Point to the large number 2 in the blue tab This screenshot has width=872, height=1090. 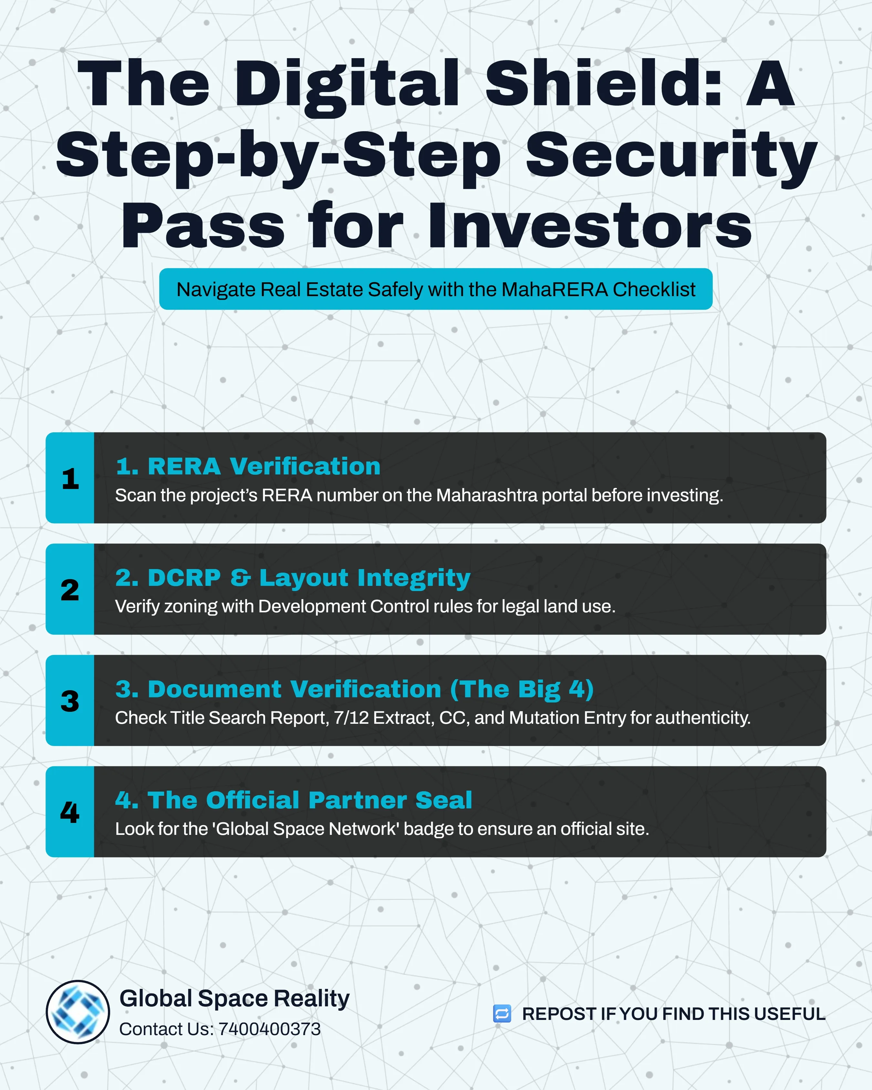pyautogui.click(x=70, y=589)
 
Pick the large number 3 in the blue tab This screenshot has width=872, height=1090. pyautogui.click(x=70, y=701)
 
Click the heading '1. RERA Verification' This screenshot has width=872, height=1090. pyautogui.click(x=248, y=466)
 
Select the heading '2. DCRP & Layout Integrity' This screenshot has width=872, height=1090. pyautogui.click(x=293, y=578)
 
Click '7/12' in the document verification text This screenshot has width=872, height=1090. pyautogui.click(x=351, y=718)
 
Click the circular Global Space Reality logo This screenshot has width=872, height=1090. pyautogui.click(x=78, y=1012)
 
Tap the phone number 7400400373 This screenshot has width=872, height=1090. pyautogui.click(x=270, y=1029)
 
